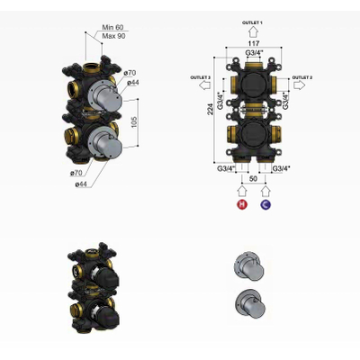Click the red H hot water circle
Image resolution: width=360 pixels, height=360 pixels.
(x=240, y=205)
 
